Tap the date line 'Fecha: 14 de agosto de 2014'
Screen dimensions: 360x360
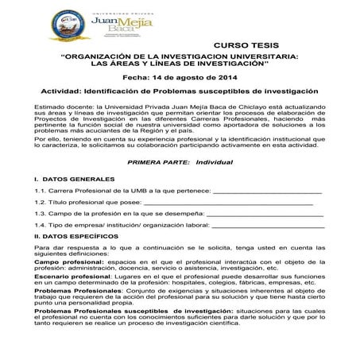coord(180,78)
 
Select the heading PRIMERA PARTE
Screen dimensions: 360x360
coord(153,161)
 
